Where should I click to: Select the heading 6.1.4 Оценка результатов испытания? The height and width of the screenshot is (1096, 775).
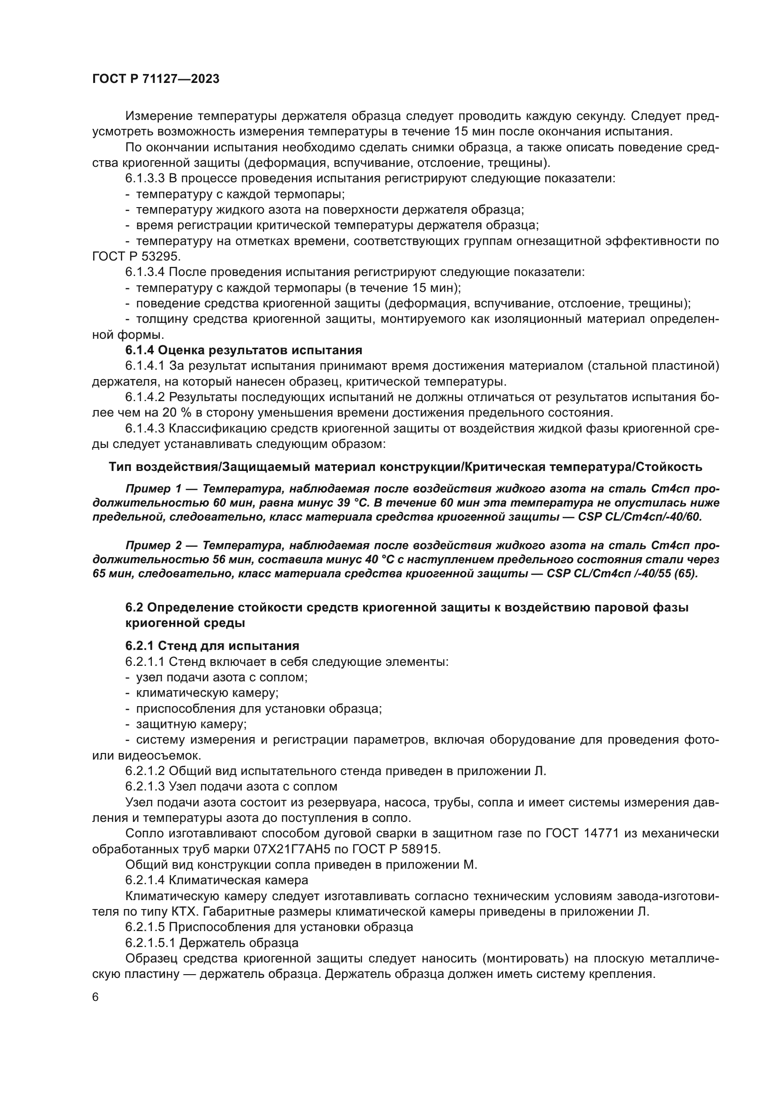click(244, 350)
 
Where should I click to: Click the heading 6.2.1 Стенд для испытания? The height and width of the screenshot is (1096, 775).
click(212, 646)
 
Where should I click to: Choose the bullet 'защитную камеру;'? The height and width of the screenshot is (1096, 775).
click(191, 724)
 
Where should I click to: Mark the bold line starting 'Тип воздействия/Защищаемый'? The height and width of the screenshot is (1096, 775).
click(406, 466)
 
